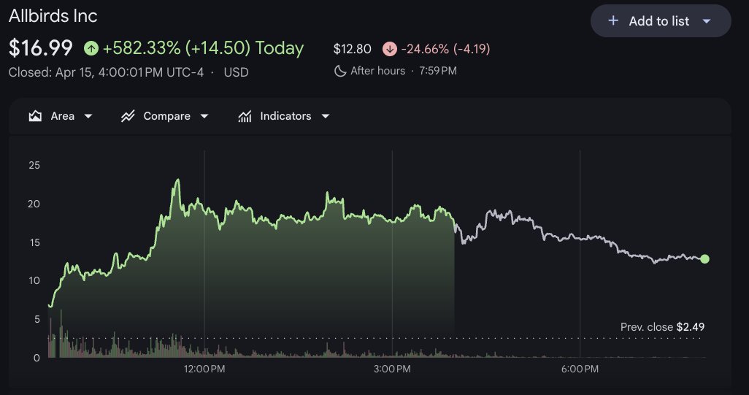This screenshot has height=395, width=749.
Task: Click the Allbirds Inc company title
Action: pos(53,16)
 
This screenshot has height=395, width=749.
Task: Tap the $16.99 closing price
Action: pos(41,48)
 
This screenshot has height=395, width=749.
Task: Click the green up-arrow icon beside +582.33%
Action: pos(91,48)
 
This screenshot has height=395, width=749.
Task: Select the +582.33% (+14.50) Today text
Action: pos(203,48)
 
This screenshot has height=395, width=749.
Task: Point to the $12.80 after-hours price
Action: pos(352,49)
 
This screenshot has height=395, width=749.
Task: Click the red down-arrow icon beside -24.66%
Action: pos(389,49)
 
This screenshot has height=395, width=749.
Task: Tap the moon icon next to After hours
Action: pos(339,71)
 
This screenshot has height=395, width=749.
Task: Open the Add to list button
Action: pos(660,21)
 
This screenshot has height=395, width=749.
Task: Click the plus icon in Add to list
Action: pos(613,21)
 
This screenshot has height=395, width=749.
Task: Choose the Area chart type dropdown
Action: pos(61,116)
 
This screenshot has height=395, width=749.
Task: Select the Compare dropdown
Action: pos(165,116)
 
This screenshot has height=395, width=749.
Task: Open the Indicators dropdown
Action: pos(284,116)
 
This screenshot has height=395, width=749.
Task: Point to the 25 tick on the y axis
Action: pos(34,165)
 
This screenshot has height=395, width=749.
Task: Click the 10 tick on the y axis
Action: pos(34,280)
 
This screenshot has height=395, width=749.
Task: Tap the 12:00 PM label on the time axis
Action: pos(204,369)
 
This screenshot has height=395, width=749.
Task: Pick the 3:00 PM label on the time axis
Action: pos(392,369)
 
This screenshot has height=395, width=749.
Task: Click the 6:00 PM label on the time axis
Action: pos(580,369)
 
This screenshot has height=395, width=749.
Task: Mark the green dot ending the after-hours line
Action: pos(704,259)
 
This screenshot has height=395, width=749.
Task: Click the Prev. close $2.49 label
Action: pos(662,327)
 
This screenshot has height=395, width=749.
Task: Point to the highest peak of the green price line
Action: pos(177,180)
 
